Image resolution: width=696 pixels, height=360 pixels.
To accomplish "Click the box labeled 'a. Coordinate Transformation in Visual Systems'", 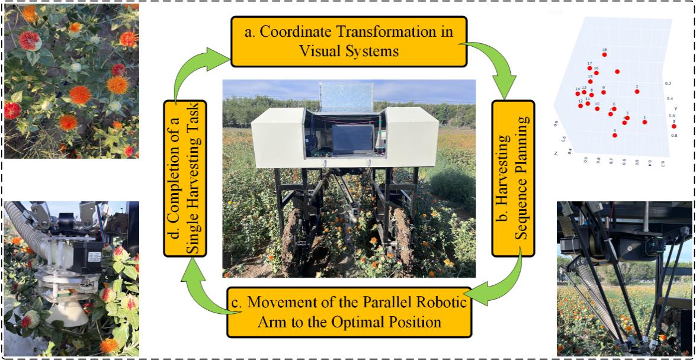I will tap(348, 41).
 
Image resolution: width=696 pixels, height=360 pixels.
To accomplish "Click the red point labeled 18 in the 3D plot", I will tap(605, 55).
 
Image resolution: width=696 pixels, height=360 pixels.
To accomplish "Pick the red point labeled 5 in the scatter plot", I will tap(615, 136).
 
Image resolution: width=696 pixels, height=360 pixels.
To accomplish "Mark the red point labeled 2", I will tap(637, 92).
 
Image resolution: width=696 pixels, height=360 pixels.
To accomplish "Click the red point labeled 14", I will tap(578, 94).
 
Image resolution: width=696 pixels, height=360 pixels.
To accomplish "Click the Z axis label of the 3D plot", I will tap(556, 153).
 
